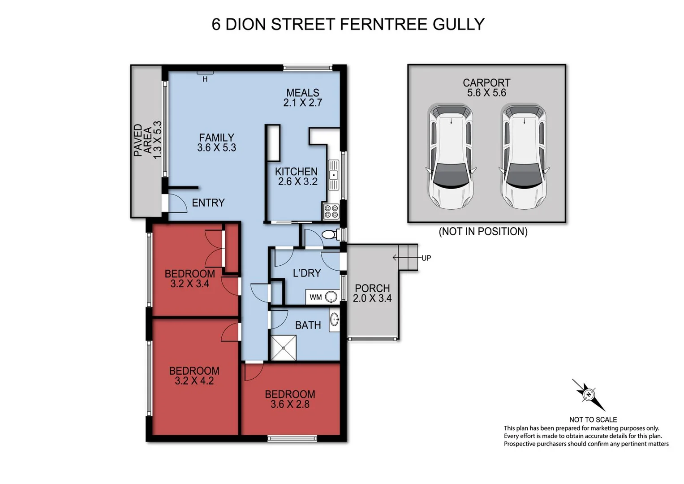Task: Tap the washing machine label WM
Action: point(315,297)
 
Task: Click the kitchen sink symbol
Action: point(334,175)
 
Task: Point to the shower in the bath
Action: point(283,348)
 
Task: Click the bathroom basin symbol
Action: point(334,319)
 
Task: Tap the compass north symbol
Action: point(589,395)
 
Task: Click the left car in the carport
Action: point(451,157)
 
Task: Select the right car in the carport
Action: point(524,157)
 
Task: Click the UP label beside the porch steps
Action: point(426,258)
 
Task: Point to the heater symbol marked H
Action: point(205,79)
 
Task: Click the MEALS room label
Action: point(303,93)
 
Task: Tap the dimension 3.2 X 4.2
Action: point(194,381)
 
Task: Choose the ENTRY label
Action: point(208,203)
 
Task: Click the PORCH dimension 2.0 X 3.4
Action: point(372,298)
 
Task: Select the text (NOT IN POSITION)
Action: point(483,232)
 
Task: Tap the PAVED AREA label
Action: point(143,140)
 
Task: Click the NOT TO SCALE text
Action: point(593,419)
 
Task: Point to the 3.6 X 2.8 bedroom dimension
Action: point(290,404)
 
